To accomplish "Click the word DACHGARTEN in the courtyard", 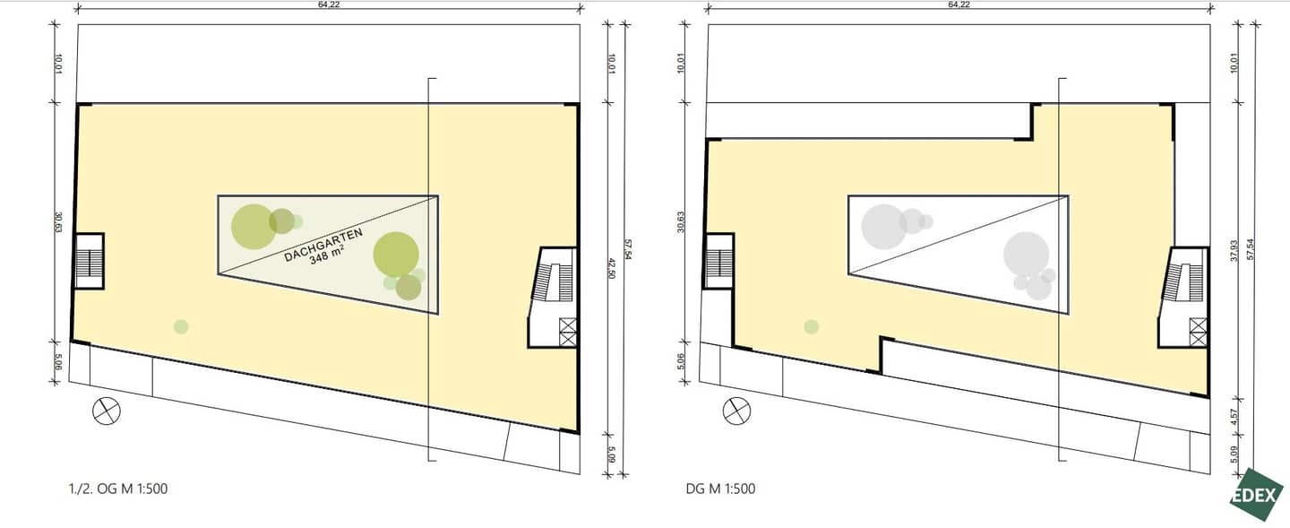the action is [x=323, y=245].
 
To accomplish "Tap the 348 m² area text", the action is [x=327, y=255].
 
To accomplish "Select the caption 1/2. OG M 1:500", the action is [x=118, y=489].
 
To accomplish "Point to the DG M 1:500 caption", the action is [x=720, y=489].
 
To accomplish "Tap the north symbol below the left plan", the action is [x=107, y=411].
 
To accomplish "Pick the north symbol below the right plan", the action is [x=736, y=411].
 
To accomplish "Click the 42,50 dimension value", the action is [x=611, y=268].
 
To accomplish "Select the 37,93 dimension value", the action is [x=1234, y=251].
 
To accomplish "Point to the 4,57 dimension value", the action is [x=1234, y=417].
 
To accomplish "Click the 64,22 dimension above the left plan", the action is [x=329, y=4].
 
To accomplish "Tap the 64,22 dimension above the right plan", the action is [x=959, y=4].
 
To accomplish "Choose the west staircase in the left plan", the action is [x=90, y=261].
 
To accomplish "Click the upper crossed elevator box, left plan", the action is [x=568, y=326].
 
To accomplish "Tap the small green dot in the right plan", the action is [x=812, y=327].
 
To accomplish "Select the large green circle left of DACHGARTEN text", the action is [x=254, y=227].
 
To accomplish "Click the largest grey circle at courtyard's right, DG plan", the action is [x=1027, y=255].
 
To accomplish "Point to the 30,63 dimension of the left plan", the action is [x=58, y=222].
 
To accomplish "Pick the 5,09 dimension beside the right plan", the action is [x=1234, y=454].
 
